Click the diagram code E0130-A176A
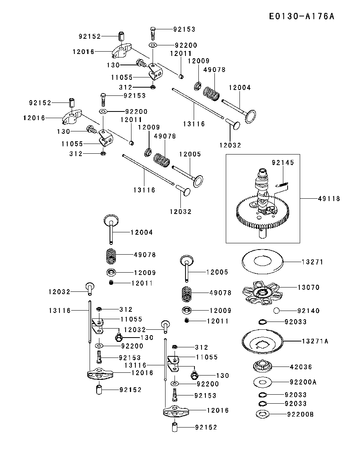(302, 16)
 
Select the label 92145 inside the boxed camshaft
(283, 162)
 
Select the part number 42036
(301, 367)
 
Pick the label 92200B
(301, 414)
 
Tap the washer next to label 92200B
(263, 414)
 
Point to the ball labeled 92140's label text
(309, 311)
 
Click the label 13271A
(315, 341)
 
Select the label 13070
(309, 287)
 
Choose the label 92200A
(303, 381)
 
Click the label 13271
(312, 262)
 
